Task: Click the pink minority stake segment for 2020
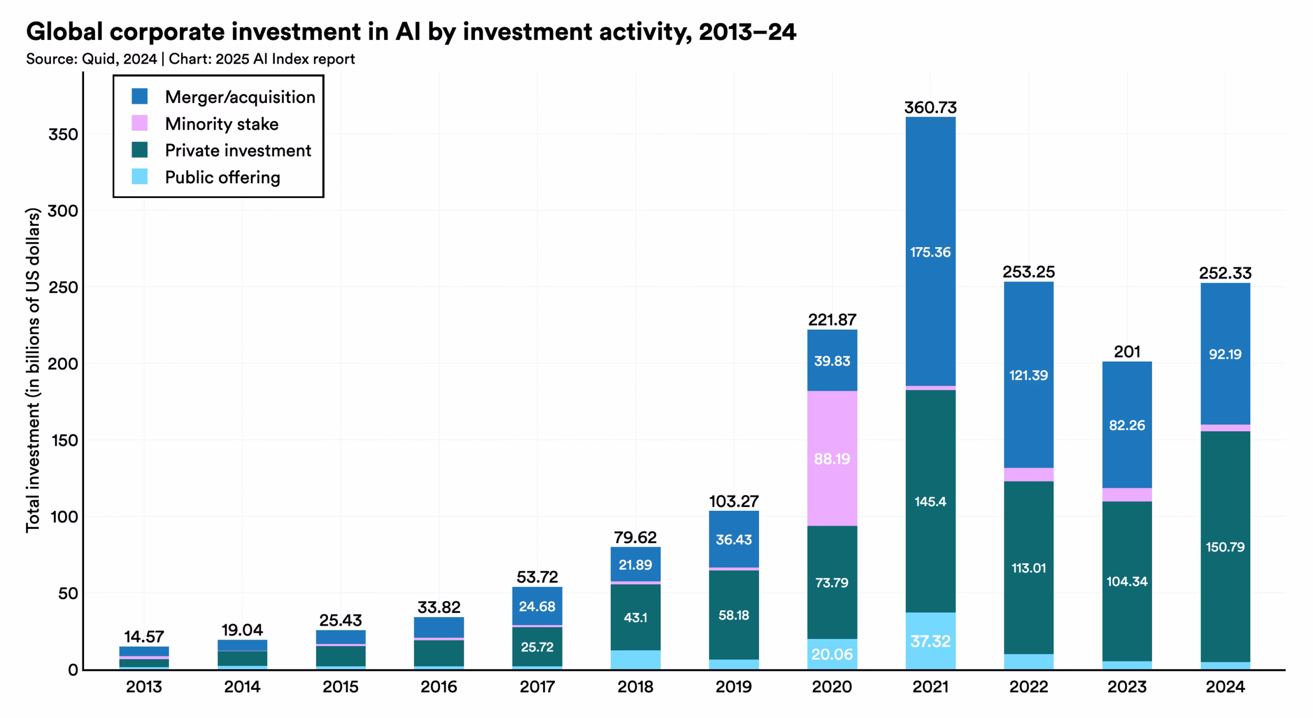click(832, 458)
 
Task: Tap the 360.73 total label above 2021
click(930, 108)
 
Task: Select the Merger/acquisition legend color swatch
click(140, 96)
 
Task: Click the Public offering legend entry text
click(222, 177)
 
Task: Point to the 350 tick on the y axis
click(63, 135)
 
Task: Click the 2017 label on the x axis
click(537, 687)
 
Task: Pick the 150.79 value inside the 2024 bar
click(1225, 547)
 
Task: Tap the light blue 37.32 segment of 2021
click(930, 641)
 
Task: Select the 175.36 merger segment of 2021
click(930, 252)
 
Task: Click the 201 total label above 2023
click(1127, 352)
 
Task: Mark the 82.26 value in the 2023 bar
click(1127, 425)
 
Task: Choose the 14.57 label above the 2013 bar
click(144, 637)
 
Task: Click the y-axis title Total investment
click(33, 369)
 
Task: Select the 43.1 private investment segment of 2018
click(635, 617)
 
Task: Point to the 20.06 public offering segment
click(832, 654)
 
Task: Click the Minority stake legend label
click(222, 124)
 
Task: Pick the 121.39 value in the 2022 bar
click(1028, 375)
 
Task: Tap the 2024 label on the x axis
click(1225, 687)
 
